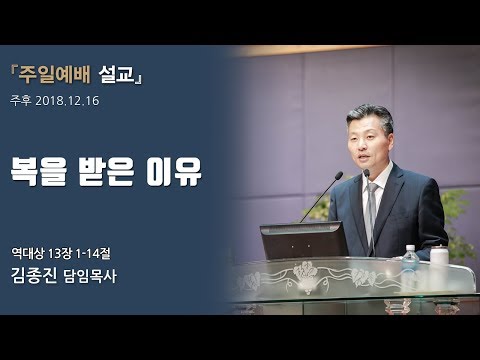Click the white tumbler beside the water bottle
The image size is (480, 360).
pyautogui.click(x=439, y=256)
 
